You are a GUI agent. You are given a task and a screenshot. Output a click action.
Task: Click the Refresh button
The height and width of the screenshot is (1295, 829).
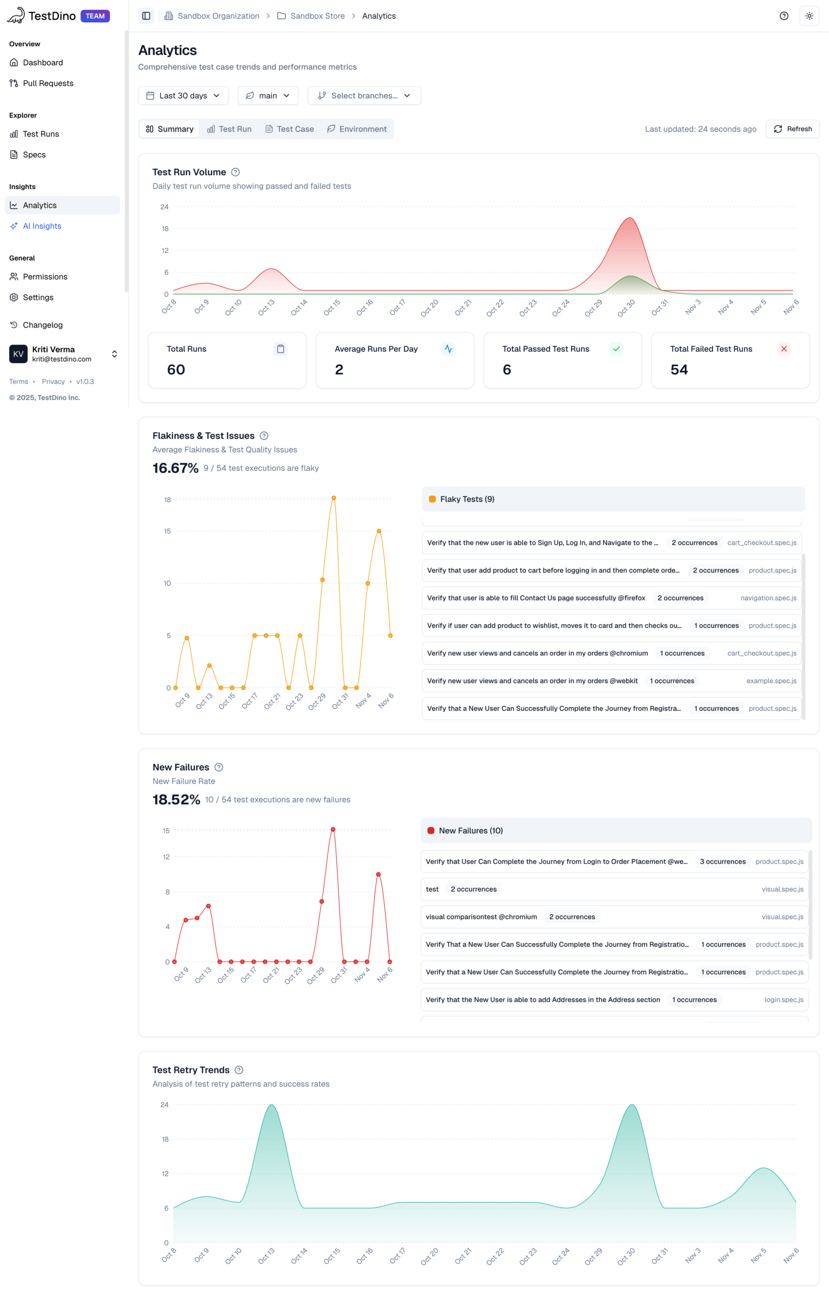coord(793,129)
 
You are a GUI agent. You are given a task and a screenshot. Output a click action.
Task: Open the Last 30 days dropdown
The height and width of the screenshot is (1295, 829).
coord(183,96)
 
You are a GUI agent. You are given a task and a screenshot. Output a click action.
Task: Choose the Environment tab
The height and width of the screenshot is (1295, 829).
coord(356,129)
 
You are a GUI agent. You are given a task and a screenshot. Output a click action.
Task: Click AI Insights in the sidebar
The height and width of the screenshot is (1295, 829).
coord(42,226)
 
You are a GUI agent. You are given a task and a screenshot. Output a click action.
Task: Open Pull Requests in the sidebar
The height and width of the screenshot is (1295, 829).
coord(48,83)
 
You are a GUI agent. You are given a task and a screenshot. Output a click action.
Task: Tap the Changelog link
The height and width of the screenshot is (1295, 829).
coord(43,325)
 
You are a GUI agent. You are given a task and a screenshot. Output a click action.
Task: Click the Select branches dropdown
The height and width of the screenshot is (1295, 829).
coord(364,96)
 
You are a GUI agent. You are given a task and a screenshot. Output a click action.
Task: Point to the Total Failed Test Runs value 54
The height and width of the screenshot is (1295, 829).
coord(679,370)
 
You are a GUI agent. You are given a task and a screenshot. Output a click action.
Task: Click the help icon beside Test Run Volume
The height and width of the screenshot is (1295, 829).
coord(235,172)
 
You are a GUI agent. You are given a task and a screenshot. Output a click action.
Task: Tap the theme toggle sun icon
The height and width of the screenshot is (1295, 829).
coord(809,16)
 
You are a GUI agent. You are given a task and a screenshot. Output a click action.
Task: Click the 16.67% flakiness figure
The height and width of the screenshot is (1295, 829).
coord(176,468)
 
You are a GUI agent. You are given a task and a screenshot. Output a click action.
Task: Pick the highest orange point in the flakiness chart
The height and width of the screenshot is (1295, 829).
coord(334,498)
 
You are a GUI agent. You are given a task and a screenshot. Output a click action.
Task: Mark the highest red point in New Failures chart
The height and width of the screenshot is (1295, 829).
coord(333,830)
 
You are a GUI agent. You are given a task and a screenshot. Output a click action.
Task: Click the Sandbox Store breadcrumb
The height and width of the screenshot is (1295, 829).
coord(317,16)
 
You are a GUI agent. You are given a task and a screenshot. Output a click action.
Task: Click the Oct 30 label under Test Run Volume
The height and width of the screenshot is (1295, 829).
coord(626,308)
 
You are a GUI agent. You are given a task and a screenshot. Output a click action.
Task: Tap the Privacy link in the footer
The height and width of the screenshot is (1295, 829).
coord(53,381)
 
